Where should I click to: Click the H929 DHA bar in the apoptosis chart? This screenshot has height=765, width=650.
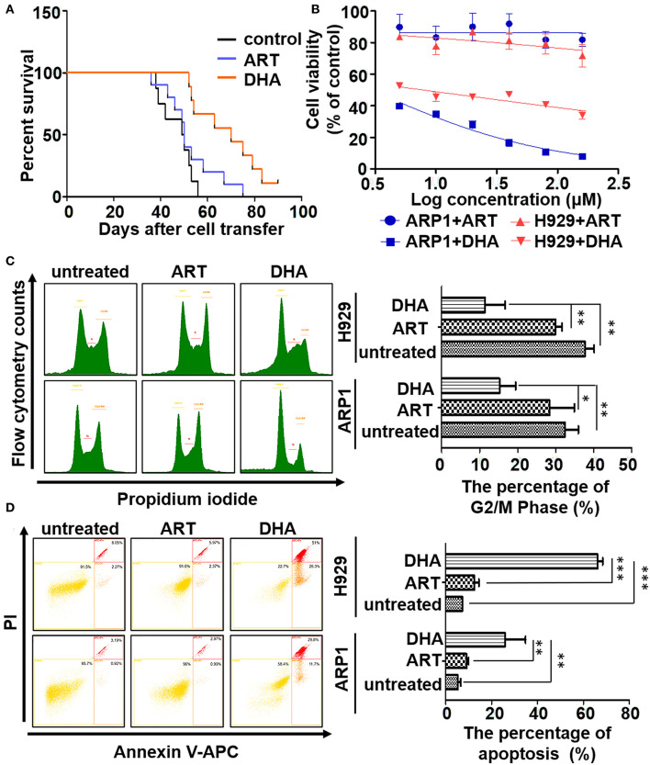pos(521,561)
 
